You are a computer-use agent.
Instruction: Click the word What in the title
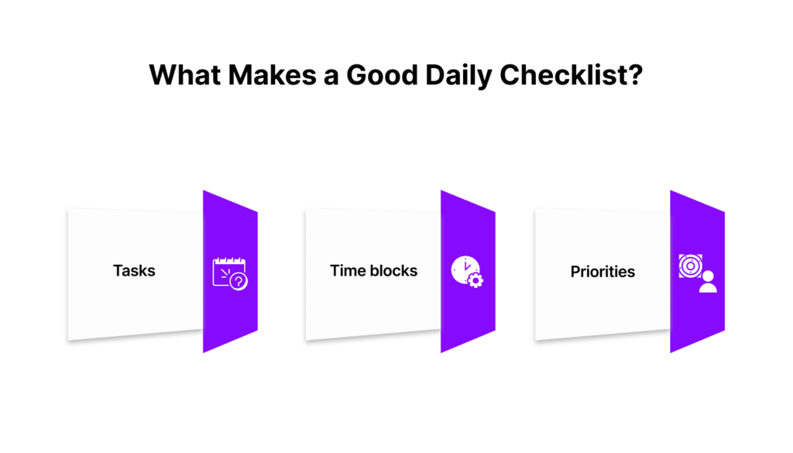pos(186,75)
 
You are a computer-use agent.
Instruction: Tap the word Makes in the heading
pos(272,75)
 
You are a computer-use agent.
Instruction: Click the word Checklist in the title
pos(564,75)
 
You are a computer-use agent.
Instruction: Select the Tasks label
pos(134,270)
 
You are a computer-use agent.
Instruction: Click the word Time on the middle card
pos(346,270)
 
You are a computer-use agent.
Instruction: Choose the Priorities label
pos(602,272)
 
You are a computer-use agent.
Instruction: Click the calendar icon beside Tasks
pos(229,273)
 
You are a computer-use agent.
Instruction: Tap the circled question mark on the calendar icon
pos(239,281)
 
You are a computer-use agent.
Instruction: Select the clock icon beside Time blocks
pos(466,272)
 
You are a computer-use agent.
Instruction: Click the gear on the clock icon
pos(475,280)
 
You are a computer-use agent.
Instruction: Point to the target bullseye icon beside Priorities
pos(690,266)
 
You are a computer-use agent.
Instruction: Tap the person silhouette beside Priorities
pos(708,282)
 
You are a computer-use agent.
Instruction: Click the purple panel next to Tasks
pos(230,272)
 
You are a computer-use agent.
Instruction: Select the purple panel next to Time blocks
pos(468,272)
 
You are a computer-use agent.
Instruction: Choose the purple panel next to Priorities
pos(698,272)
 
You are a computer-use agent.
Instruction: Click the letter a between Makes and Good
pos(331,78)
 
